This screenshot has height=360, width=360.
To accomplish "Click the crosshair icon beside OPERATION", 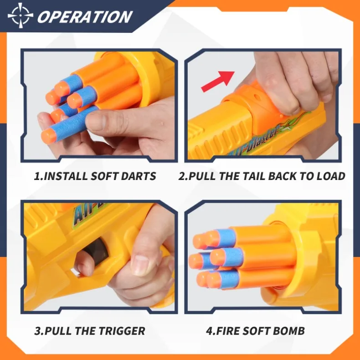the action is tap(20, 15).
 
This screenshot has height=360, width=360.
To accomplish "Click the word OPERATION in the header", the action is tap(85, 17).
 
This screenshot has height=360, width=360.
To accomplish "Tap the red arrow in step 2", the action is tap(218, 81).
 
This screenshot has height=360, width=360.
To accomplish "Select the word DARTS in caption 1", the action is tap(139, 176).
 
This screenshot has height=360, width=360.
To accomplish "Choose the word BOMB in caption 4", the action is tap(289, 331).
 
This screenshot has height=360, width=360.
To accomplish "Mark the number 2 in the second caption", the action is tap(183, 176).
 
